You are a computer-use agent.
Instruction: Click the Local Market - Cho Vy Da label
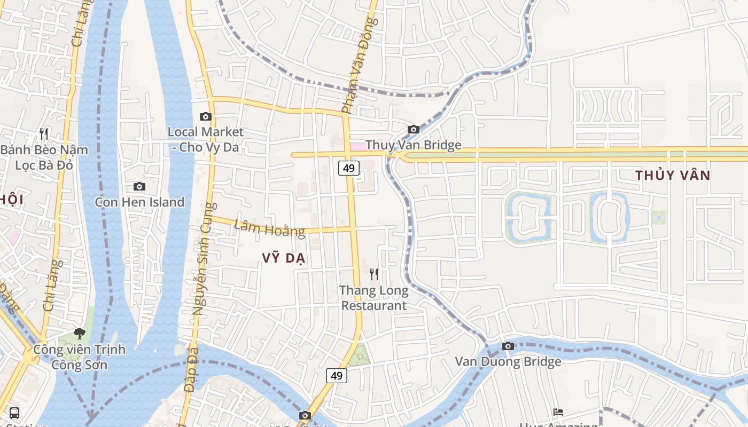click(205, 139)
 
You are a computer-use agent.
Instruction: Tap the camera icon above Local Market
click(205, 116)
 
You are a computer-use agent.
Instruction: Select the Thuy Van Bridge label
click(413, 145)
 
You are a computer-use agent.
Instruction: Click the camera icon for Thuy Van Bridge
click(413, 129)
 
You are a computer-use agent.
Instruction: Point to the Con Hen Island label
click(139, 202)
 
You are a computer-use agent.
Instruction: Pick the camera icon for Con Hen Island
click(139, 186)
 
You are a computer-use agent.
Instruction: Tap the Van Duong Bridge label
click(508, 362)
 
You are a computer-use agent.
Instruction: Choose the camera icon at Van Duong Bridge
click(508, 346)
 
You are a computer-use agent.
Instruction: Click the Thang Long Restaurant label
click(374, 298)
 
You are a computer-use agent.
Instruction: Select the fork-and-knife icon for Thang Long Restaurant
click(374, 274)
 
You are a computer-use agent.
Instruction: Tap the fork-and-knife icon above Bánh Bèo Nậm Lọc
click(44, 133)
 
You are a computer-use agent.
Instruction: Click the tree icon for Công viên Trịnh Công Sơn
click(80, 334)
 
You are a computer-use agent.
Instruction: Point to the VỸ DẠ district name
click(284, 258)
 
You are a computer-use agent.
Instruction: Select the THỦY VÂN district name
click(673, 175)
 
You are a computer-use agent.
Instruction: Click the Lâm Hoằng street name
click(270, 229)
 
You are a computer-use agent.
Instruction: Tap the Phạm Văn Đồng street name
click(359, 65)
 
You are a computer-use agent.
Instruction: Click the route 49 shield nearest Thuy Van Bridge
click(348, 168)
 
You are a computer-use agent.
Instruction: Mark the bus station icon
click(14, 413)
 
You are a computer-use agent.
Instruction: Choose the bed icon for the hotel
click(558, 412)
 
